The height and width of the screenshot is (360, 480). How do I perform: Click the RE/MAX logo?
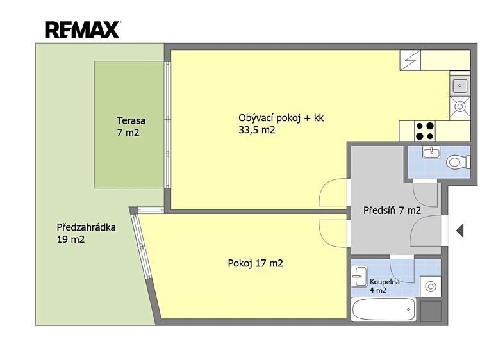pos(83,29)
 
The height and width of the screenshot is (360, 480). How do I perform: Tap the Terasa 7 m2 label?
pos(131,127)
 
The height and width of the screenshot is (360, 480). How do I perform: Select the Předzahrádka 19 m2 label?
pos(86,233)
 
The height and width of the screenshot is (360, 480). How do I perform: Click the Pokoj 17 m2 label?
pos(255,263)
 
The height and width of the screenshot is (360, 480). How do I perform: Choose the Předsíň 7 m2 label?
pos(392,210)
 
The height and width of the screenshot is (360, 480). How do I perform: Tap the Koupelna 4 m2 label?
pos(385,286)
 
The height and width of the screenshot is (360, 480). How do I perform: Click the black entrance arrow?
pos(459,231)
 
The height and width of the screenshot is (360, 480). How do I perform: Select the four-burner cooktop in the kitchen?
pos(425,131)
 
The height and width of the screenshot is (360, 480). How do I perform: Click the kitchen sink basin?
pos(459,86)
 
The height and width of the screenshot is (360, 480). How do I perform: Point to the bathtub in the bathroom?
pos(384,309)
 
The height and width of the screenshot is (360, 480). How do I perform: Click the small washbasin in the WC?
pos(431,152)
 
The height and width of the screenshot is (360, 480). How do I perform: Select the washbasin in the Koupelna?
pos(359,276)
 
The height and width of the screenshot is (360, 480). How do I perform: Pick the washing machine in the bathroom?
pos(431,286)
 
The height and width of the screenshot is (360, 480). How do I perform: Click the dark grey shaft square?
pos(431,311)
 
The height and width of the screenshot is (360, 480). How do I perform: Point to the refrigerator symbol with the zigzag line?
pos(410,60)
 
